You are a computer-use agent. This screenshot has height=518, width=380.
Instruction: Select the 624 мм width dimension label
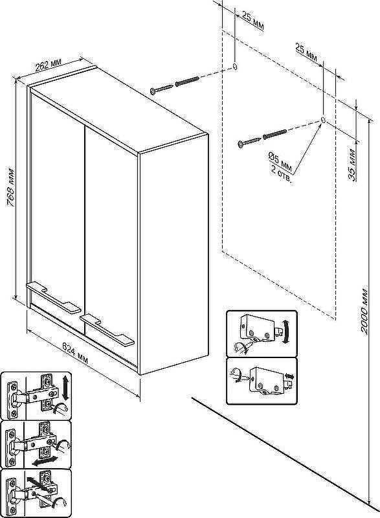[x=76, y=354]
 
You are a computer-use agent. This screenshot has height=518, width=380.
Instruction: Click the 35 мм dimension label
[x=352, y=165]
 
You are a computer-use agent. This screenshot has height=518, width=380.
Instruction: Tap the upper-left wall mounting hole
[x=235, y=66]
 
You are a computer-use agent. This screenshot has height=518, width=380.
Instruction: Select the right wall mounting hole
[x=323, y=120]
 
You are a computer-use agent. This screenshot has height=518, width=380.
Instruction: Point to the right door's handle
[x=107, y=330]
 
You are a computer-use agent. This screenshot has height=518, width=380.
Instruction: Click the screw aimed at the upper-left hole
[x=161, y=89]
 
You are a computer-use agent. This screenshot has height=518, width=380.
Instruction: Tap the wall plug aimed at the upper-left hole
[x=187, y=82]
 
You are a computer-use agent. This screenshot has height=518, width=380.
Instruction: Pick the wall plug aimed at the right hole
[x=274, y=134]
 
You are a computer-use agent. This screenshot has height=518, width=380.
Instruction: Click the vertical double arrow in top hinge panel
[x=65, y=387]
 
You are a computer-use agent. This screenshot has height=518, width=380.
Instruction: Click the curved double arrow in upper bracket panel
[x=286, y=332]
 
